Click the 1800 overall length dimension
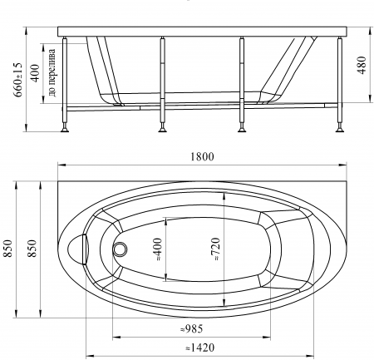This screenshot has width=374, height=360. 202,157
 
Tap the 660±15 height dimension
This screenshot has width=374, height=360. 18,79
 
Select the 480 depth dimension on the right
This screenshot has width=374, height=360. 362,65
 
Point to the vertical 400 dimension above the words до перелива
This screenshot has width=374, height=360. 36,73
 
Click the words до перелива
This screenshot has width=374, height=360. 52,72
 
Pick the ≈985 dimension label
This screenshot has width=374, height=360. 192,329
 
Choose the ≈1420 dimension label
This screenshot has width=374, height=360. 199,348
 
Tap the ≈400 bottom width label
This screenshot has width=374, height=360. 157,249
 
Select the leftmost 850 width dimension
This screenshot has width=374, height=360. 8,249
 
